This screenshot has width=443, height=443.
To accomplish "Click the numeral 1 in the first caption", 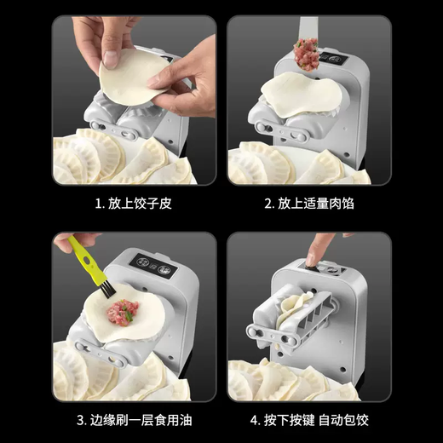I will coord(98,204).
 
